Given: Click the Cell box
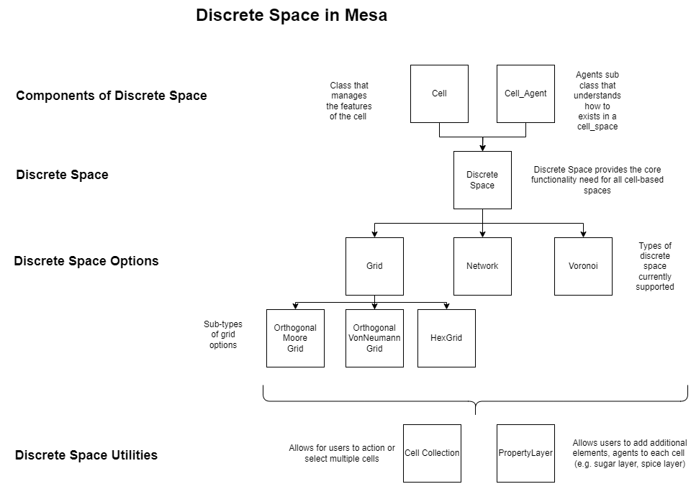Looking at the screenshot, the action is [439, 93].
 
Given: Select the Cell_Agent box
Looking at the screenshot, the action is [525, 93].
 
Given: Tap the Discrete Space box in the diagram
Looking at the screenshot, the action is [482, 180].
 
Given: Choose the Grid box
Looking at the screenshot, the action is [374, 266].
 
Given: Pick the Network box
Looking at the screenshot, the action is [482, 266].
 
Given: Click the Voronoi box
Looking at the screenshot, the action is [583, 266].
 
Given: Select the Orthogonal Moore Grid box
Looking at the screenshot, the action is [295, 338].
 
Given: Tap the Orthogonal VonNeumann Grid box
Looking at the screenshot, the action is [374, 338].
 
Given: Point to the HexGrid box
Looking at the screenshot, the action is [446, 338].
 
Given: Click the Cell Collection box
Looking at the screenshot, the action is [432, 453].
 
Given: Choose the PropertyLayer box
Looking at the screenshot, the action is [525, 453].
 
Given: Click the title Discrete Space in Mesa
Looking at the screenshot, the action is [292, 15].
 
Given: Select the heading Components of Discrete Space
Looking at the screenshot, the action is [112, 96].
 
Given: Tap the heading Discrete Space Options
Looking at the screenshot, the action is [86, 260].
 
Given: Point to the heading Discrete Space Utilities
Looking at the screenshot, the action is [86, 454].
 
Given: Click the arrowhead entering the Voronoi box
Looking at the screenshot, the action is [583, 234].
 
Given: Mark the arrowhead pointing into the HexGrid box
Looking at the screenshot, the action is [446, 306].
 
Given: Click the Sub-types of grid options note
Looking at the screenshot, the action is [223, 334].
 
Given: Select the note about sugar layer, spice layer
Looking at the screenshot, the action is [630, 453].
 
